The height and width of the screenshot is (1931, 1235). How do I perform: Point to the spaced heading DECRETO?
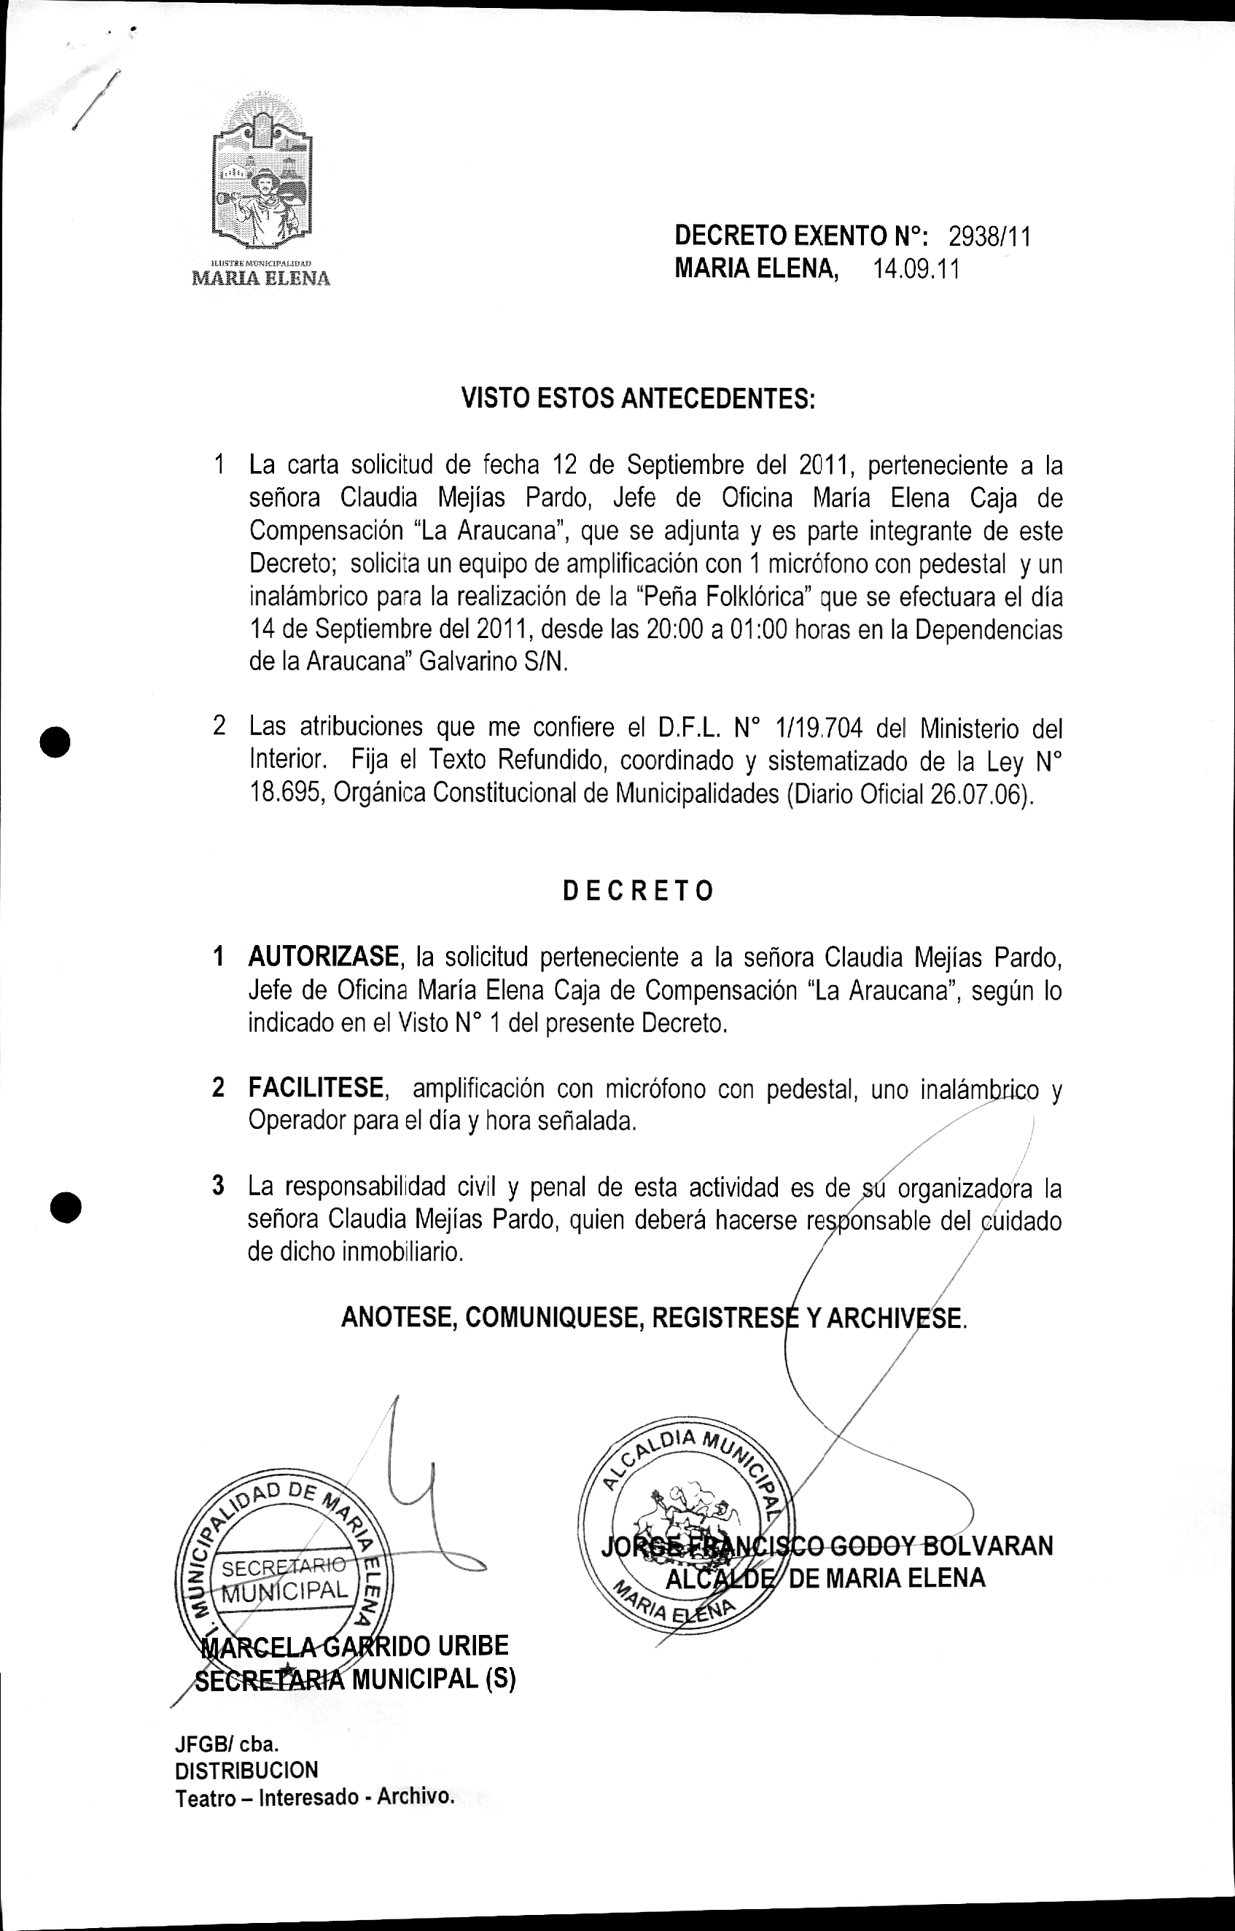point(637,891)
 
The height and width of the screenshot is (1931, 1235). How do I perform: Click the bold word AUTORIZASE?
point(323,957)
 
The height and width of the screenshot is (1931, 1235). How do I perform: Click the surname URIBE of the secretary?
point(472,1646)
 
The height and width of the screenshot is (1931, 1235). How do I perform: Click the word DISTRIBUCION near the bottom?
point(246,1769)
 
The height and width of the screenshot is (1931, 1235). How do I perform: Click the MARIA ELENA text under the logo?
point(261,279)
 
